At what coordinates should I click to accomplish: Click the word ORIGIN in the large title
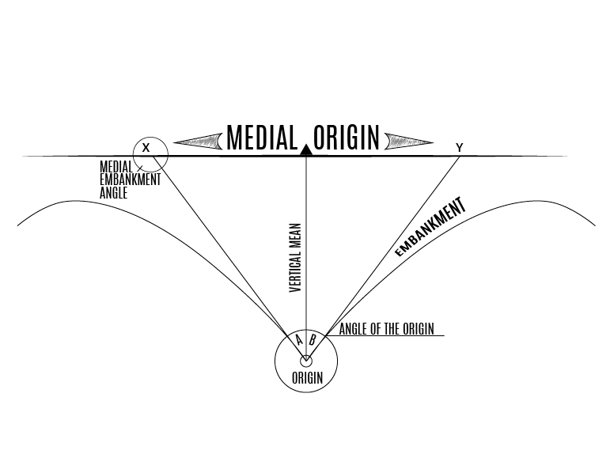point(347,138)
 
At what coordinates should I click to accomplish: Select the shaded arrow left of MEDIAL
point(198,142)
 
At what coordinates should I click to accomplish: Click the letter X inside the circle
point(146,148)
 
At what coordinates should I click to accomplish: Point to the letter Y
point(459,147)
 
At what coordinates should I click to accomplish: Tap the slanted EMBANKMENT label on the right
point(430,229)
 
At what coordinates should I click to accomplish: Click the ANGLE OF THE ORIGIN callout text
point(386,329)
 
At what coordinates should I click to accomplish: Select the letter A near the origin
point(299,340)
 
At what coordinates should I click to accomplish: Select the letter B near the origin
point(313,340)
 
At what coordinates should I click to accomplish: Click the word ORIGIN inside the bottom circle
point(307,377)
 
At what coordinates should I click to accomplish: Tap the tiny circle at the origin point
point(306,361)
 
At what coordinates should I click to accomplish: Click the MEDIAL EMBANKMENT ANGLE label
point(130,180)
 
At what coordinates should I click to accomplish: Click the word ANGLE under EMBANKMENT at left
point(114,191)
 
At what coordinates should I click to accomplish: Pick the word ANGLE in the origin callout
point(352,329)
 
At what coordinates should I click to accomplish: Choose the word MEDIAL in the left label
point(116,168)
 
